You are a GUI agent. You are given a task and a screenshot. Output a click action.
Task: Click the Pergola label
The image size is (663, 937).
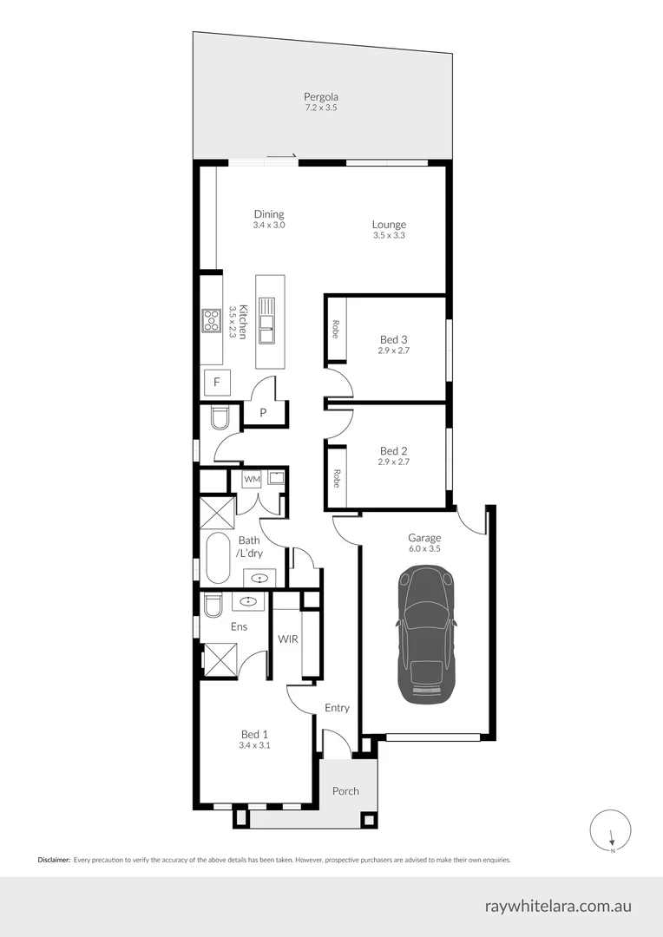click(x=320, y=97)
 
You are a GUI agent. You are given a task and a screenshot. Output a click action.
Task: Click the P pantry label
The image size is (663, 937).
click(x=263, y=413)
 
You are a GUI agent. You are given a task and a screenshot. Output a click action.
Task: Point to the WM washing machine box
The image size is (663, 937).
click(x=252, y=479)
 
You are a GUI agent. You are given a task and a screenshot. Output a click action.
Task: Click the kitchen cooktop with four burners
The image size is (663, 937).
click(x=211, y=321)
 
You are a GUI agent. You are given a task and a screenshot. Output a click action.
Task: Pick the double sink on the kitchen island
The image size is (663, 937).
click(x=268, y=317)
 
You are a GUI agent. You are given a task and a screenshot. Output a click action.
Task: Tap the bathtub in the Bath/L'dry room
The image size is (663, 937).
click(x=219, y=557)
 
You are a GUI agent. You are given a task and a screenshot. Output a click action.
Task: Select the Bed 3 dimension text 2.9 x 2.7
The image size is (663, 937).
click(x=393, y=351)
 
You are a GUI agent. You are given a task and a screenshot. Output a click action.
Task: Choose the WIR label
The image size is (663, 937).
click(x=288, y=639)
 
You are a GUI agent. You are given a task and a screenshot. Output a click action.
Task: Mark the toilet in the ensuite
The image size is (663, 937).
click(x=213, y=605)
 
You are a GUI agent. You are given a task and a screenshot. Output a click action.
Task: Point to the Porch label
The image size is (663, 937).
click(x=345, y=791)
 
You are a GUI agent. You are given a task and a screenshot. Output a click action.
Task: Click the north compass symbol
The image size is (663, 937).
click(x=611, y=830)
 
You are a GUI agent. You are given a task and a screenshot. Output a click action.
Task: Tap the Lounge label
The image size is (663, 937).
click(x=389, y=225)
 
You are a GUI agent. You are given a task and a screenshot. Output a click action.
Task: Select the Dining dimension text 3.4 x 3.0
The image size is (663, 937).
click(x=269, y=226)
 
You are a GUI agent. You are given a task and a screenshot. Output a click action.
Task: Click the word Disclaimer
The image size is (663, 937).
click(x=54, y=860)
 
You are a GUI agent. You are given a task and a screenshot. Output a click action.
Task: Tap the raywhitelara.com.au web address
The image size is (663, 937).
click(x=558, y=906)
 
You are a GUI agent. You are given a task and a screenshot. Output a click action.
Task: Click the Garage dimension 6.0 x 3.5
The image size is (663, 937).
click(x=423, y=548)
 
